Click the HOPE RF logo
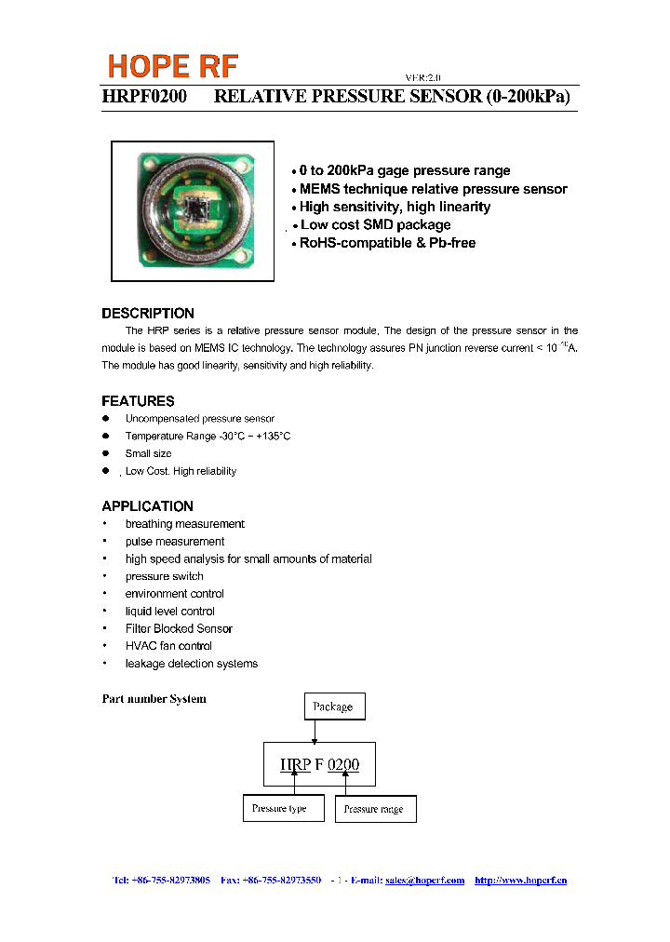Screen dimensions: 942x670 (173, 66)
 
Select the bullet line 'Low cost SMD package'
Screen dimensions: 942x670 (375, 225)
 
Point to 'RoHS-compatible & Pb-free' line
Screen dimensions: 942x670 (387, 243)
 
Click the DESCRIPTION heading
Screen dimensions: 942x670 (148, 314)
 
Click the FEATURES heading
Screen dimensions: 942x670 (138, 401)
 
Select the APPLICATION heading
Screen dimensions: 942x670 (147, 506)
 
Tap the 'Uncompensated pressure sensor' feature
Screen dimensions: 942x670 (199, 419)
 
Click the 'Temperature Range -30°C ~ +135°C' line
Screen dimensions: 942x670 (208, 437)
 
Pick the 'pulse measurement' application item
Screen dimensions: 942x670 (175, 542)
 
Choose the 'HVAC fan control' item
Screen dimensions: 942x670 (168, 646)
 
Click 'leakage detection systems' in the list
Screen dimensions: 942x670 (192, 664)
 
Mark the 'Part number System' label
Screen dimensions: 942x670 (154, 699)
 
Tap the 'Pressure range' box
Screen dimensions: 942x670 (375, 809)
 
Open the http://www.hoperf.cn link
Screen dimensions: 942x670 (520, 881)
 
